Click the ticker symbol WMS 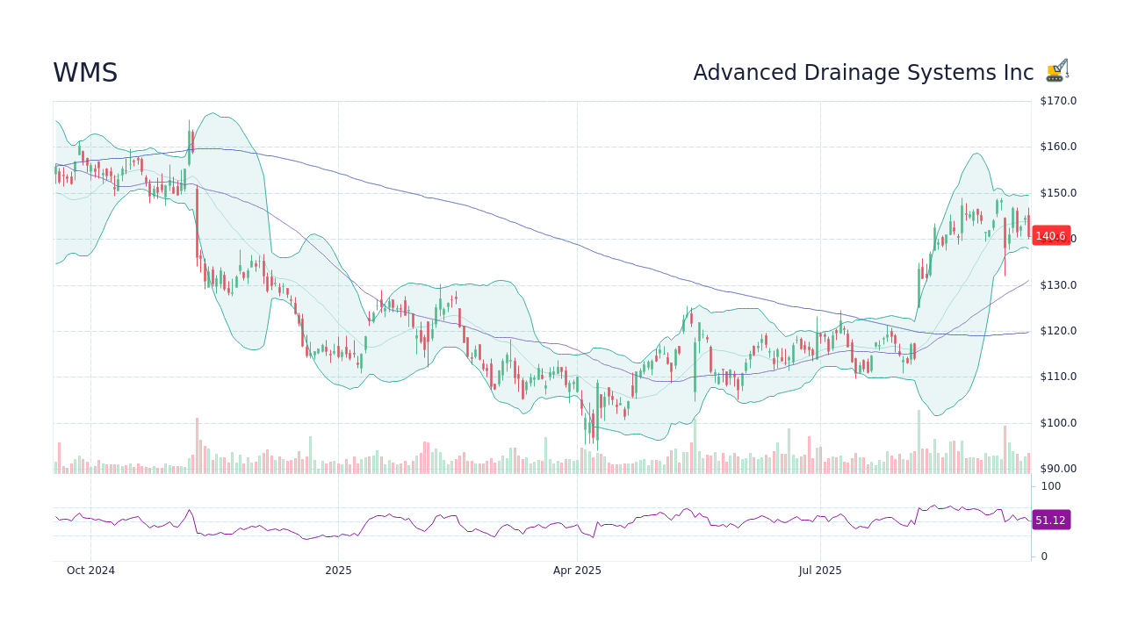pos(85,74)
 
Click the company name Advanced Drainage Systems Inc pos(863,73)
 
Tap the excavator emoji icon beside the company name pos(1057,71)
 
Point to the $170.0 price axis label pos(1058,101)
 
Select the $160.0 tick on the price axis pos(1058,147)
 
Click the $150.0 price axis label pos(1058,193)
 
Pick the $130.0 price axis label pos(1058,285)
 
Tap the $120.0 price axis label pos(1058,331)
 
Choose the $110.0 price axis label pos(1058,377)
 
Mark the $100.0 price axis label pos(1058,423)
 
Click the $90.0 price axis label pos(1058,469)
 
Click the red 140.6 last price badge pos(1050,236)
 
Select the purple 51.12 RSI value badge pos(1050,521)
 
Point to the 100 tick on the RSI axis pos(1051,486)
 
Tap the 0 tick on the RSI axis pos(1044,557)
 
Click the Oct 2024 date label pos(90,571)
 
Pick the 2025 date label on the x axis pos(338,571)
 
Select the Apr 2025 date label pos(577,571)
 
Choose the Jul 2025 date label pos(820,571)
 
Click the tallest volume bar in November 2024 pos(197,446)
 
